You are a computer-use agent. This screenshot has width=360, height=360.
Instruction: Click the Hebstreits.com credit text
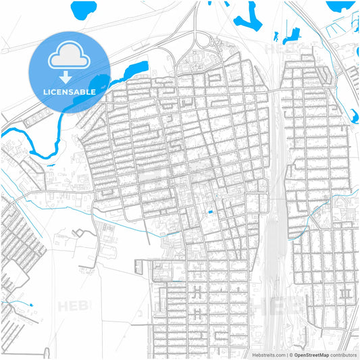click(267, 355)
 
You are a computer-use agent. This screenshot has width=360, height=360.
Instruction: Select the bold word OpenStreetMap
click(312, 355)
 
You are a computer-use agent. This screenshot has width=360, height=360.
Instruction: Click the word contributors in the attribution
click(343, 355)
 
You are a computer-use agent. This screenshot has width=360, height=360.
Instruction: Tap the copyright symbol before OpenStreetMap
click(292, 355)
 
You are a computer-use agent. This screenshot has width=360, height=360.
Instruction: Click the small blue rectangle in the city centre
click(209, 213)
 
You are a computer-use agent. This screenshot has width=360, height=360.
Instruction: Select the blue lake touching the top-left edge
click(83, 9)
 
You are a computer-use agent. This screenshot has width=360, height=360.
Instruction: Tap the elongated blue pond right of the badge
click(135, 68)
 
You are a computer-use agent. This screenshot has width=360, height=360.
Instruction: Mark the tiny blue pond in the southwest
click(30, 305)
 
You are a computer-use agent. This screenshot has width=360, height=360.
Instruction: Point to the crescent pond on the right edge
click(355, 115)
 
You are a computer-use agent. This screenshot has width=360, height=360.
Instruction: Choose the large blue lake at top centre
click(247, 17)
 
